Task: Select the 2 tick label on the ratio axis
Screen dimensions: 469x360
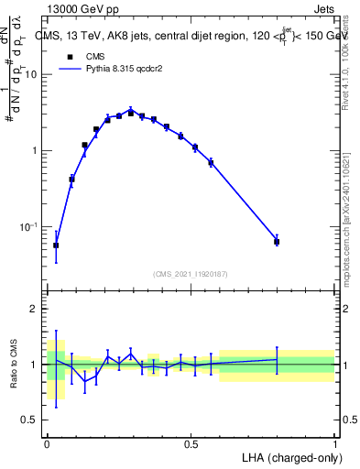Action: click(33, 309)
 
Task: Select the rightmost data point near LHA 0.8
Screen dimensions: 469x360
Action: click(277, 242)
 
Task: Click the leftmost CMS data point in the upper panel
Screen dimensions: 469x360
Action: click(56, 245)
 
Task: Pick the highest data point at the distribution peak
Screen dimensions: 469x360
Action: click(131, 113)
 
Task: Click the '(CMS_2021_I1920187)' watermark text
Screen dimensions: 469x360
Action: click(191, 273)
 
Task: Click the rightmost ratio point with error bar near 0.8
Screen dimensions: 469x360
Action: click(277, 359)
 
